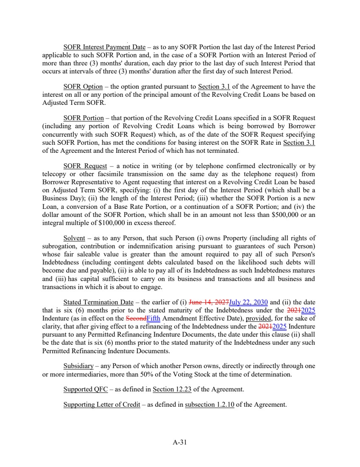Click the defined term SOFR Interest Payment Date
[104, 47]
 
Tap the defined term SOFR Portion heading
[84, 118]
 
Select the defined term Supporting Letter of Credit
[102, 405]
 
